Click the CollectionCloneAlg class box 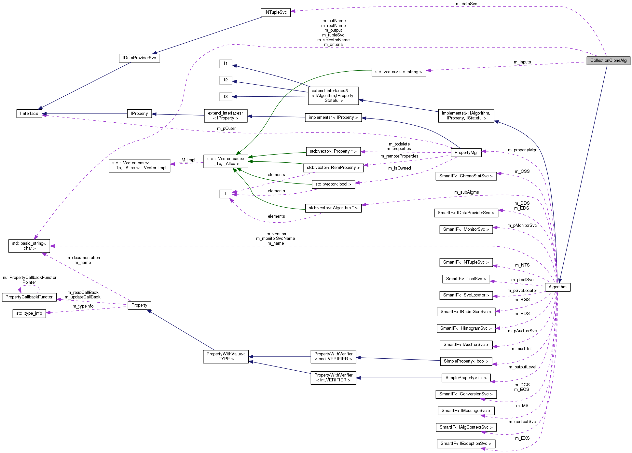coord(608,61)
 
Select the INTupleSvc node coord(275,12)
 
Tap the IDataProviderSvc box coord(139,58)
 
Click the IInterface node coord(29,114)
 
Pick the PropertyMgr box coord(466,153)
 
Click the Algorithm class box coord(557,287)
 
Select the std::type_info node coord(29,313)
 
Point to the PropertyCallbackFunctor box coord(29,297)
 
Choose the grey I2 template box coord(226,80)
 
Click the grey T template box coord(226,194)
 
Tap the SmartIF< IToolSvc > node coord(466,279)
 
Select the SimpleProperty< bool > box coord(466,361)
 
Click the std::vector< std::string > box coord(398,72)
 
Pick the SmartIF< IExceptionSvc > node coord(466,444)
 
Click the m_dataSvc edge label coord(466,4)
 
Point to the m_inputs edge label coord(522,62)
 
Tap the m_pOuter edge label coord(226,129)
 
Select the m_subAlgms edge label coord(466,192)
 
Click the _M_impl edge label coord(187,160)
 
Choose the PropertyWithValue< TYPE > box coord(226,357)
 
